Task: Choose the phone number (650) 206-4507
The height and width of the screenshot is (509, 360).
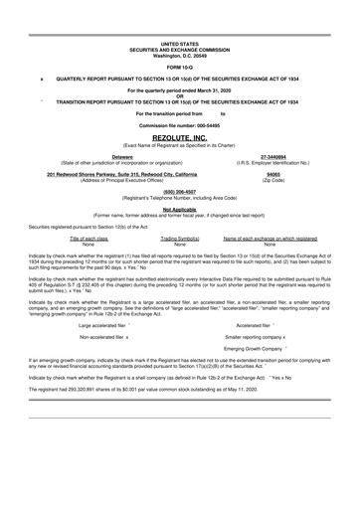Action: (x=179, y=192)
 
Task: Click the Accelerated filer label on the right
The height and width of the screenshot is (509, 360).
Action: (x=258, y=324)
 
